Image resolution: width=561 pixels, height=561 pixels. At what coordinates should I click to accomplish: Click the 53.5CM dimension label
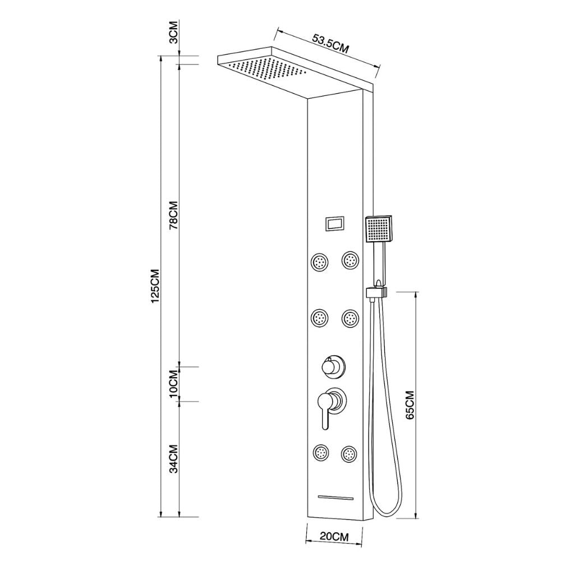(330, 43)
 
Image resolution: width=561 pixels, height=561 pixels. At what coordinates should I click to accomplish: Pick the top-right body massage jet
(350, 260)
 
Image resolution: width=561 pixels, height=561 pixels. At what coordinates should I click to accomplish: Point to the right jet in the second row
(350, 319)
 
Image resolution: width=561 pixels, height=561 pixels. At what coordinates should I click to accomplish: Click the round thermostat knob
(330, 367)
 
